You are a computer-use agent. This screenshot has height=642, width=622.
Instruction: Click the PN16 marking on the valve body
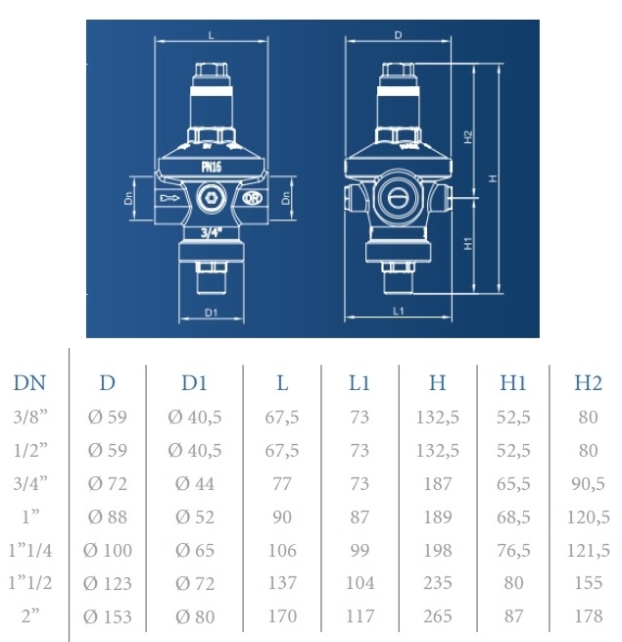pos(212,167)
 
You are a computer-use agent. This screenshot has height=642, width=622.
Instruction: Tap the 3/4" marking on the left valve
pos(211,233)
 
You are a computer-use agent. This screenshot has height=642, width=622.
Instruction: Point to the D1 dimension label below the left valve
pos(211,313)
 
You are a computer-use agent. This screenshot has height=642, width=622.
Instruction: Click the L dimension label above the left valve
pos(212,35)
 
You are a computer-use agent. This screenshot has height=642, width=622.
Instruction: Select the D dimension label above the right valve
pos(398,35)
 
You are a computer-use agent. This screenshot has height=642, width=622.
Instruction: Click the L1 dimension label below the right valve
pos(398,311)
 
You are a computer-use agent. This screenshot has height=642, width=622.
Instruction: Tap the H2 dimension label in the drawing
pos(469,136)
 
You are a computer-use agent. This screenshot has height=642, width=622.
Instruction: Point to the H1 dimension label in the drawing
pos(469,244)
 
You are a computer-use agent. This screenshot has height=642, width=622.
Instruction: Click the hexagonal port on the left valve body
pos(210,200)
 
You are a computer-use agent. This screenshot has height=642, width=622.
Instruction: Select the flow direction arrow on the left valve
pos(170,200)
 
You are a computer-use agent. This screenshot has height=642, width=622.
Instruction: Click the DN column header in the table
pos(30,383)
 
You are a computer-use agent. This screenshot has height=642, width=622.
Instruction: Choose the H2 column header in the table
pos(588,383)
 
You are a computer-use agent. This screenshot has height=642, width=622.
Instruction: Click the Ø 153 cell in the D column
pos(108,617)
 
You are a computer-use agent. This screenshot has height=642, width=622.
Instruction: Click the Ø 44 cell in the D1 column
pos(195,483)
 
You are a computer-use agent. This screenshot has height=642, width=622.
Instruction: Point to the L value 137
pos(282,583)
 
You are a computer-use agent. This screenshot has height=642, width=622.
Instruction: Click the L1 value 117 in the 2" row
pos(359,617)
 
